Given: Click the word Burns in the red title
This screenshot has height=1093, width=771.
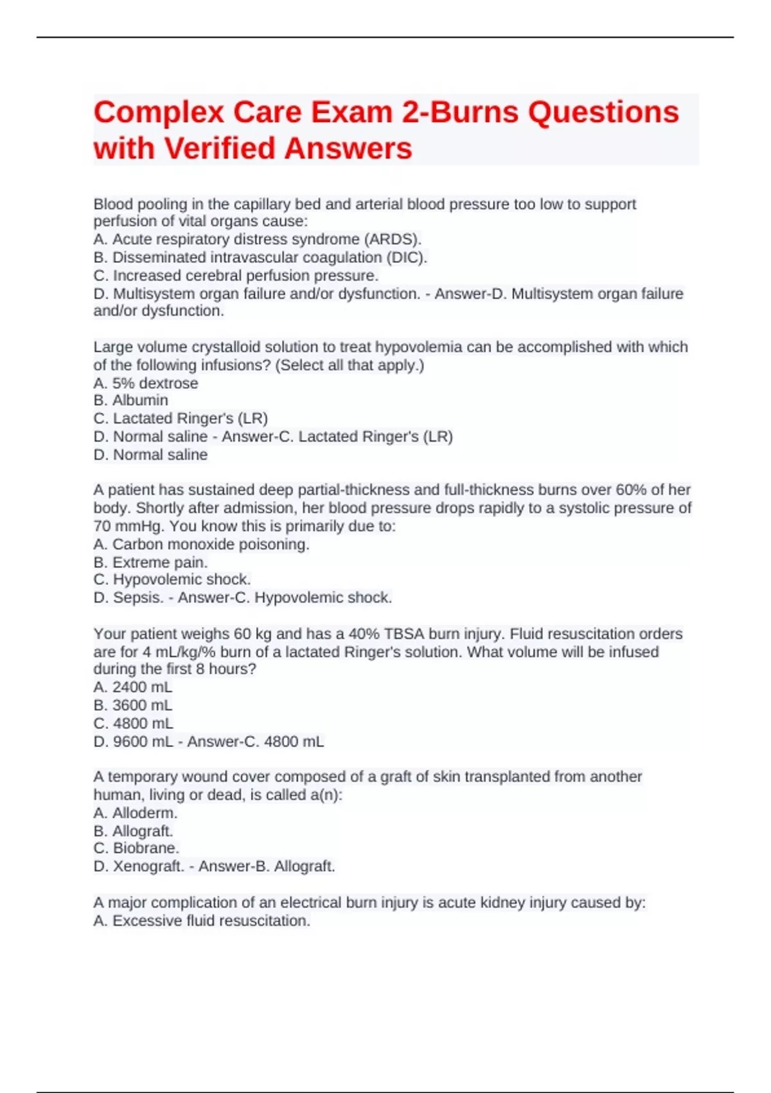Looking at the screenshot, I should pos(474,113).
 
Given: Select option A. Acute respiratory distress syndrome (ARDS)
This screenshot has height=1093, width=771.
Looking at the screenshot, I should pos(257,239).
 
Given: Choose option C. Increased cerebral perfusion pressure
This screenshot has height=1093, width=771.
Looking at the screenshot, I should pos(236,275).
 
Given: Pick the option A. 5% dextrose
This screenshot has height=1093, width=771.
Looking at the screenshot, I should pos(146,383).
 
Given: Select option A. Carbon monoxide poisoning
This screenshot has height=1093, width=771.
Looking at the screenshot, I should pos(201,544).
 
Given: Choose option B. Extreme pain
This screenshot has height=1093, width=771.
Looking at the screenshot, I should pos(150,562).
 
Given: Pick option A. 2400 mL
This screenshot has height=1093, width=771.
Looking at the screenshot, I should pos(133,687).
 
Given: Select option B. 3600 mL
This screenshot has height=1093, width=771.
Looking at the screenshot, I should pos(133,705).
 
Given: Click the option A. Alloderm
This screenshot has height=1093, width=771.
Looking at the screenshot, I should pos(135,813).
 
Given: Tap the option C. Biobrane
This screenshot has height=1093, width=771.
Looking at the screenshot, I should pos(136,848).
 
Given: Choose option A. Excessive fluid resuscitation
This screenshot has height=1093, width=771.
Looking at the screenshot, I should pos(202,921).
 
